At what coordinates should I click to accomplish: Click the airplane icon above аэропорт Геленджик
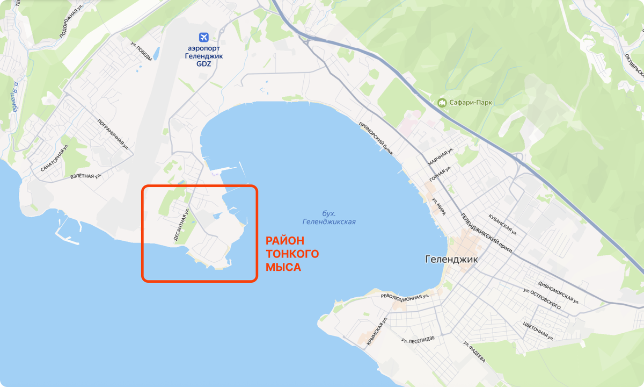[203, 37]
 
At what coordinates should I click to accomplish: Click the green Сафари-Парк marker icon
[443, 102]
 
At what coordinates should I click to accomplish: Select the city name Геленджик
[451, 259]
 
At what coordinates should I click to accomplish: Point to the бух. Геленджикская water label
[329, 217]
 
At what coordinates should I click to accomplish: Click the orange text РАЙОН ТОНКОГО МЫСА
[292, 253]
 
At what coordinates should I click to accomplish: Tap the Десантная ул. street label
[182, 225]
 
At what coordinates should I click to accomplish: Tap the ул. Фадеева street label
[474, 352]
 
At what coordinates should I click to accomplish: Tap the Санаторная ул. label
[55, 157]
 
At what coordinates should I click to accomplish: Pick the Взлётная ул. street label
[85, 176]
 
